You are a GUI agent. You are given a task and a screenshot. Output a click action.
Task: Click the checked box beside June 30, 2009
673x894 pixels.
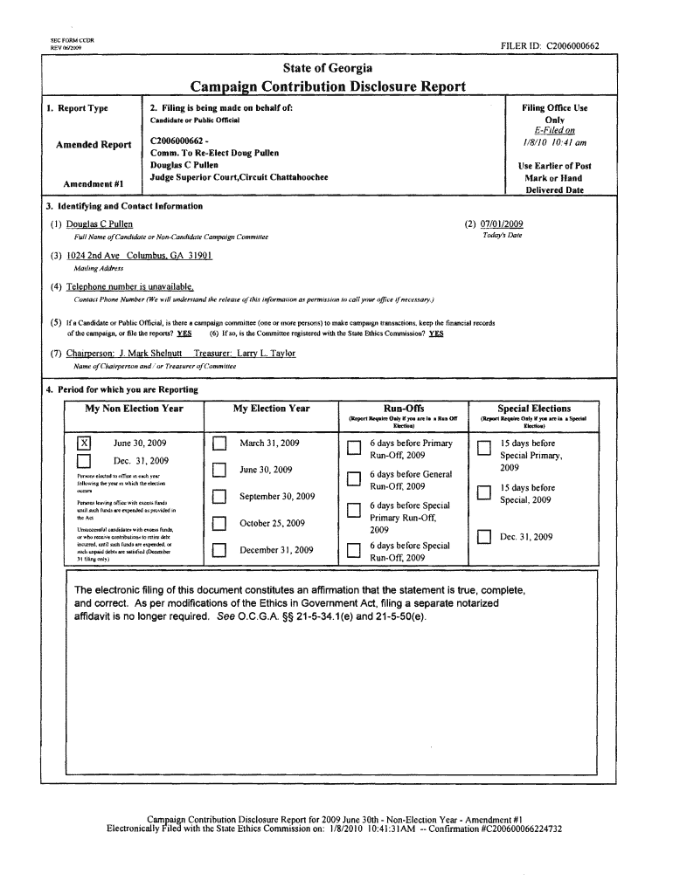(85, 443)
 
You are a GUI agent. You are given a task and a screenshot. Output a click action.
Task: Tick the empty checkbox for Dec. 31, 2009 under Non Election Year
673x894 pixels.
(85, 461)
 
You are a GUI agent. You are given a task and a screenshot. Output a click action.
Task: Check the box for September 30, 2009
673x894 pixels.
(219, 498)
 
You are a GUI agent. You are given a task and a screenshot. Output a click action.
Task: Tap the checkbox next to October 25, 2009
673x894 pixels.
(219, 524)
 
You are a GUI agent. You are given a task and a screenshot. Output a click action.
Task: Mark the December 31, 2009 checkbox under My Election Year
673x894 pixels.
(219, 550)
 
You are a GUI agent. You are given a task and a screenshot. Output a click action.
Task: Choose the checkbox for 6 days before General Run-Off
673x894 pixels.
(353, 478)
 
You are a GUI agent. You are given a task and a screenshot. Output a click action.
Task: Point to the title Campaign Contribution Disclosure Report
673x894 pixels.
(328, 86)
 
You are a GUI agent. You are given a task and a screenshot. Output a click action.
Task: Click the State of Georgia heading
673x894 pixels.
(328, 68)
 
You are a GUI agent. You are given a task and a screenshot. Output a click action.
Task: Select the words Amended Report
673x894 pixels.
(94, 145)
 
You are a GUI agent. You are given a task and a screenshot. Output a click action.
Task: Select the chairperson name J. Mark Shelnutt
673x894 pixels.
(149, 353)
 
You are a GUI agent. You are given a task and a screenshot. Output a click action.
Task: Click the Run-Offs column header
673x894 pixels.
(404, 409)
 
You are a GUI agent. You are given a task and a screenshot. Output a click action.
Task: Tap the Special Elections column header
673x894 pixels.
(533, 409)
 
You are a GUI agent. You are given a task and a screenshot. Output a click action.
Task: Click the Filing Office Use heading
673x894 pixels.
(554, 108)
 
